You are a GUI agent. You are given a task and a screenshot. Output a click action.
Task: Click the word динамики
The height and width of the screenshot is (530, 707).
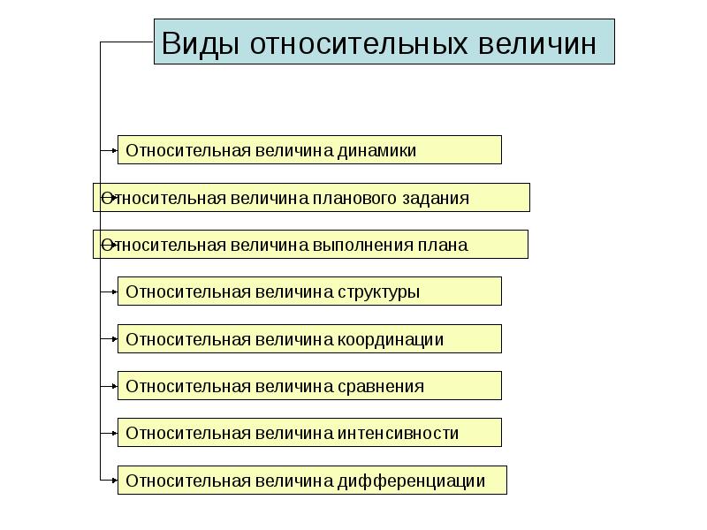376,150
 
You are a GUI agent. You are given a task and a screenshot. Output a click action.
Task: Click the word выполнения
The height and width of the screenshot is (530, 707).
359,245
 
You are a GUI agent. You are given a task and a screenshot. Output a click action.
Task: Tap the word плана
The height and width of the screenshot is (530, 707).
442,245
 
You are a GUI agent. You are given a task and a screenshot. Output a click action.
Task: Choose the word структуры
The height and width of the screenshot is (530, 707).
377,291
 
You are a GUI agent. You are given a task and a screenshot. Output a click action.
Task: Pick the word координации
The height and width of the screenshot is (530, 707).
390,339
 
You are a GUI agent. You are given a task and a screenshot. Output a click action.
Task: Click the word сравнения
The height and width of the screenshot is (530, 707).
380,386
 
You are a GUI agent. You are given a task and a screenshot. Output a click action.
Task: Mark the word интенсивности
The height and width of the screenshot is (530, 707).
398,433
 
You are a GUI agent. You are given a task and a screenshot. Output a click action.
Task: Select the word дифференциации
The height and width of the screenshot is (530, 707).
411,481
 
